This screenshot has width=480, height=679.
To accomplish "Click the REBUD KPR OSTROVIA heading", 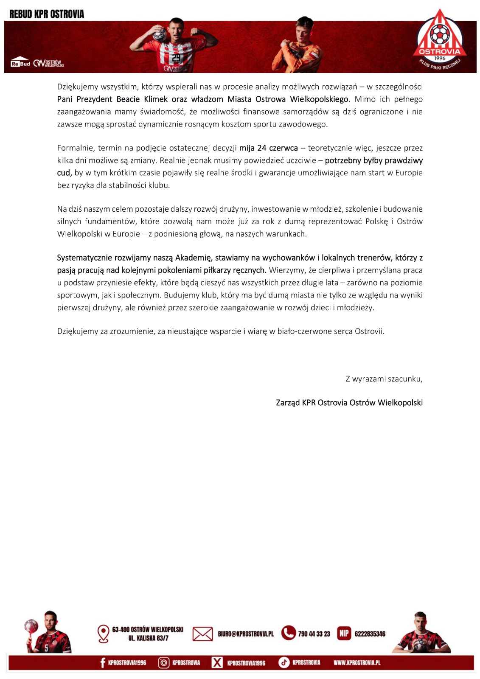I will click(x=47, y=14).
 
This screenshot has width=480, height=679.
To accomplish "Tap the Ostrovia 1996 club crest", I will click(x=440, y=40).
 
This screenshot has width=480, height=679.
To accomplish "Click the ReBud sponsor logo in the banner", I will click(x=20, y=63).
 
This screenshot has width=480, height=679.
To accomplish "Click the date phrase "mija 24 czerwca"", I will click(x=269, y=148).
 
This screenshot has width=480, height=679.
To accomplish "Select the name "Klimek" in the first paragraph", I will click(x=156, y=99).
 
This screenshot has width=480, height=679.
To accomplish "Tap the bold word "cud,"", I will click(x=64, y=173).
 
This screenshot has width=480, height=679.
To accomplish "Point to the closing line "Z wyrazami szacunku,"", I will click(x=384, y=379).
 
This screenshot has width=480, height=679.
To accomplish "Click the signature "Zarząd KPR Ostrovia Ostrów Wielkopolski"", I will click(x=349, y=403).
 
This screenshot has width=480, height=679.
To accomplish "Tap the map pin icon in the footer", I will click(x=103, y=634).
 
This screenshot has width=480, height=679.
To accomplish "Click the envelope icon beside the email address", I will click(x=202, y=634).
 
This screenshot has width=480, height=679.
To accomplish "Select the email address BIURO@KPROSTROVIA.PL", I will click(x=246, y=634).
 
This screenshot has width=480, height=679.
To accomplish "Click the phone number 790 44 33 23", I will click(x=314, y=634).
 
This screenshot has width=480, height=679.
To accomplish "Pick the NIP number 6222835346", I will click(x=370, y=634).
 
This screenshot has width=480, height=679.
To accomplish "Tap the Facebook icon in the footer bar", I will click(x=102, y=662).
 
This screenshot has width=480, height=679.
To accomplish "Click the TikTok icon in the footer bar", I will click(x=284, y=662).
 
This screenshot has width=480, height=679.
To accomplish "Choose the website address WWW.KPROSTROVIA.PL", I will click(x=356, y=662).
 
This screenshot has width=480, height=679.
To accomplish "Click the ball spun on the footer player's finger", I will click(x=31, y=626).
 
